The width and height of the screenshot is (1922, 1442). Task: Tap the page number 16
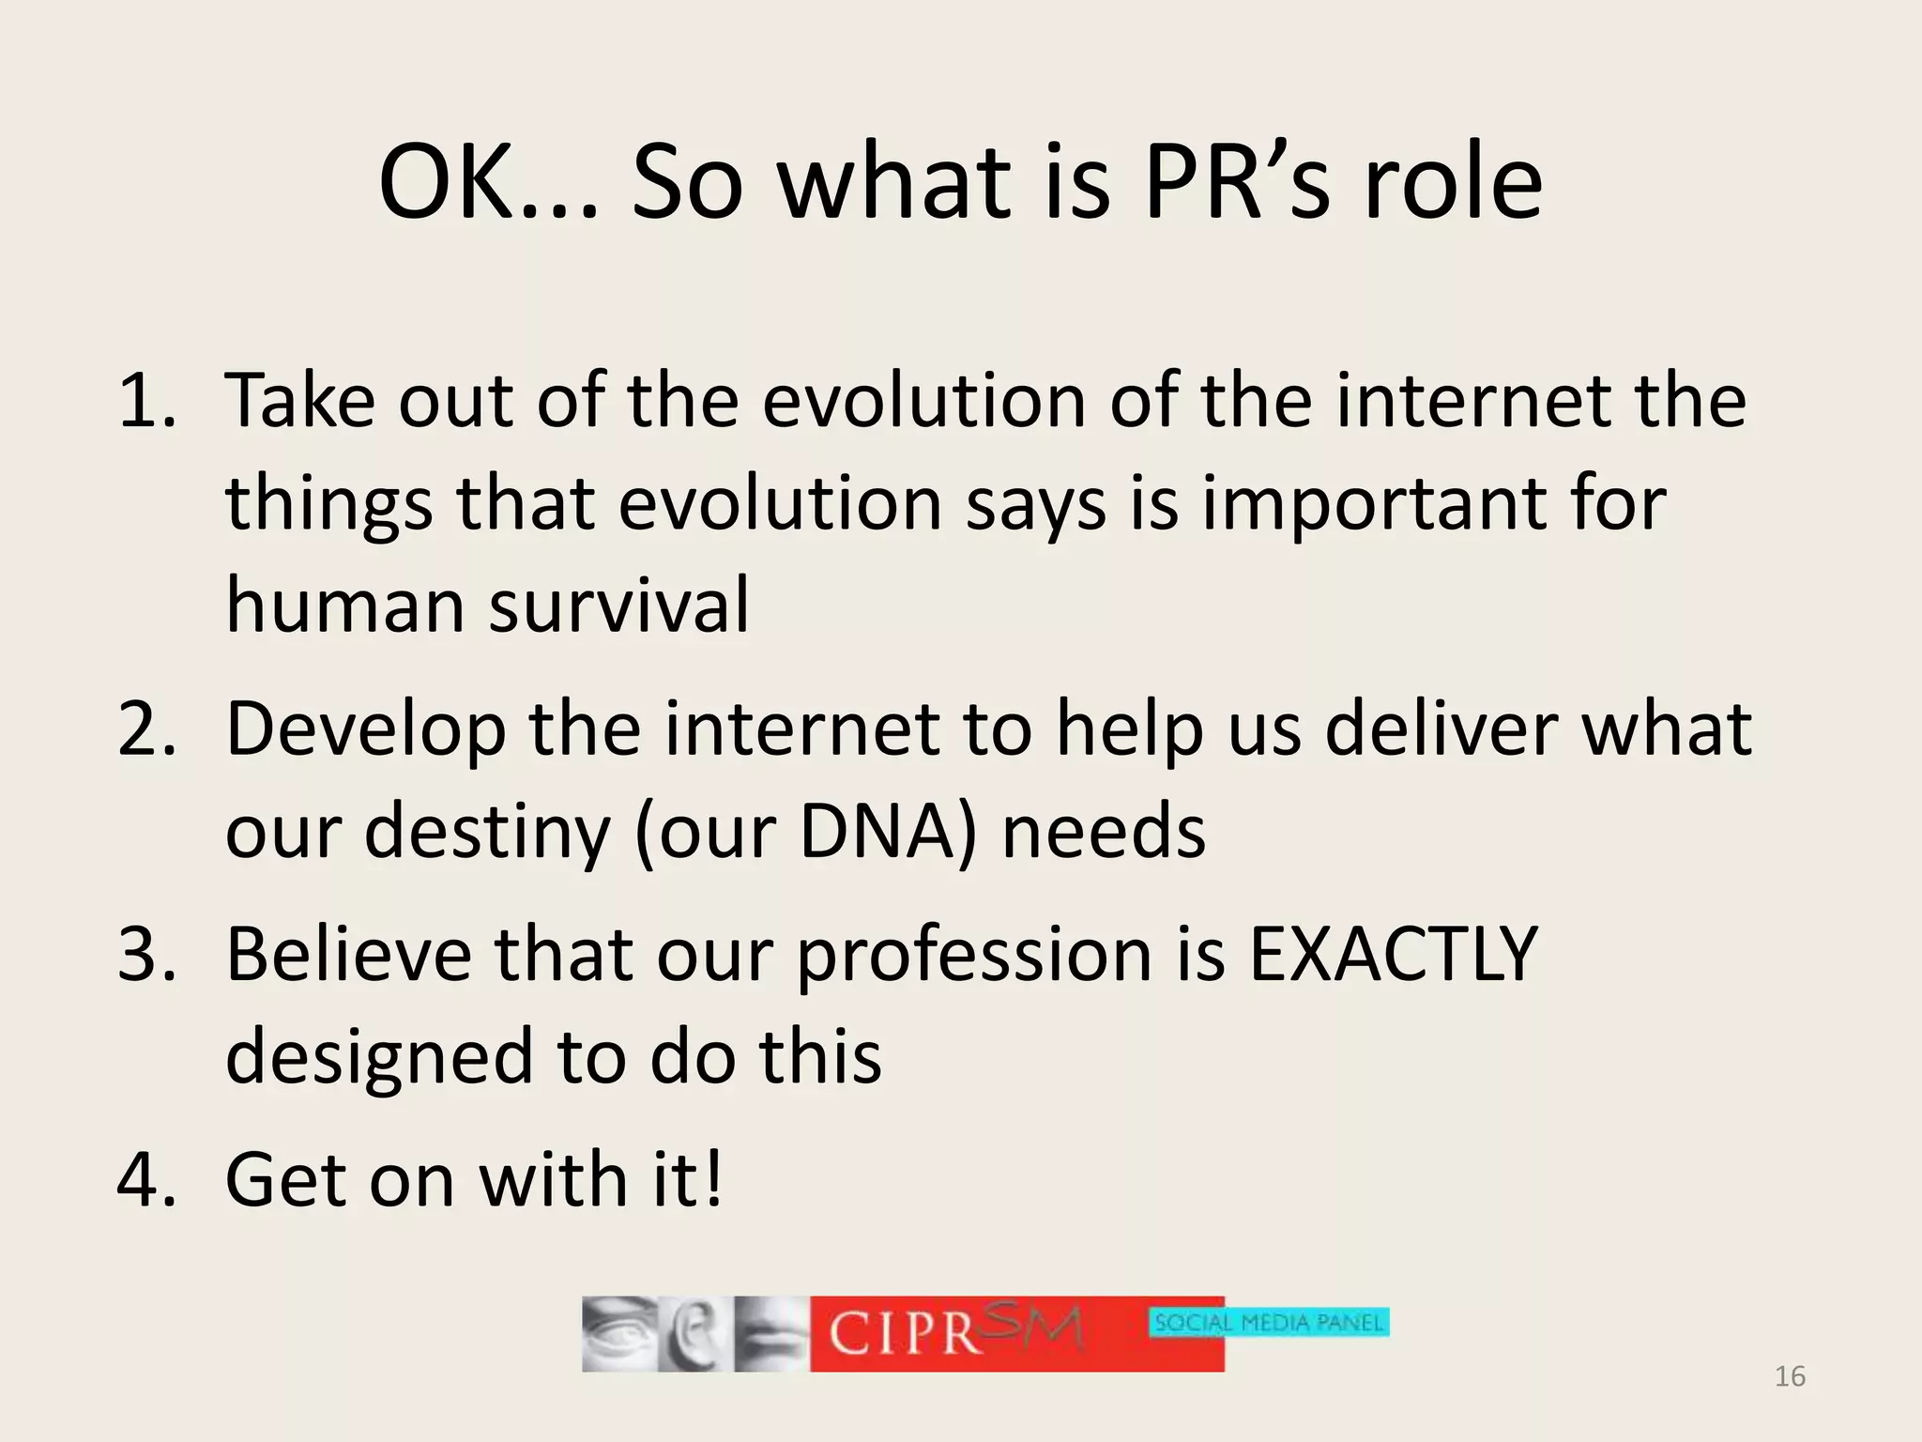[1790, 1376]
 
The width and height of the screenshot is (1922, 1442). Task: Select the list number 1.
[146, 401]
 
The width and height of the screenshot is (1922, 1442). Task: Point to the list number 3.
[146, 954]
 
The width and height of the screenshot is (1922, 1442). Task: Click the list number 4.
[146, 1179]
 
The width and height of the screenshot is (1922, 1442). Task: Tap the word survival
[619, 605]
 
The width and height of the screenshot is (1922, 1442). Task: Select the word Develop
[366, 730]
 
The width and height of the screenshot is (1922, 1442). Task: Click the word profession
[973, 956]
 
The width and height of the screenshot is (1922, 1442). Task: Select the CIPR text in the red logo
[904, 1333]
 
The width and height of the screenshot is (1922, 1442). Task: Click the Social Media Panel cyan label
[1269, 1323]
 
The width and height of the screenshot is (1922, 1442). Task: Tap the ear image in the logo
[694, 1334]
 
